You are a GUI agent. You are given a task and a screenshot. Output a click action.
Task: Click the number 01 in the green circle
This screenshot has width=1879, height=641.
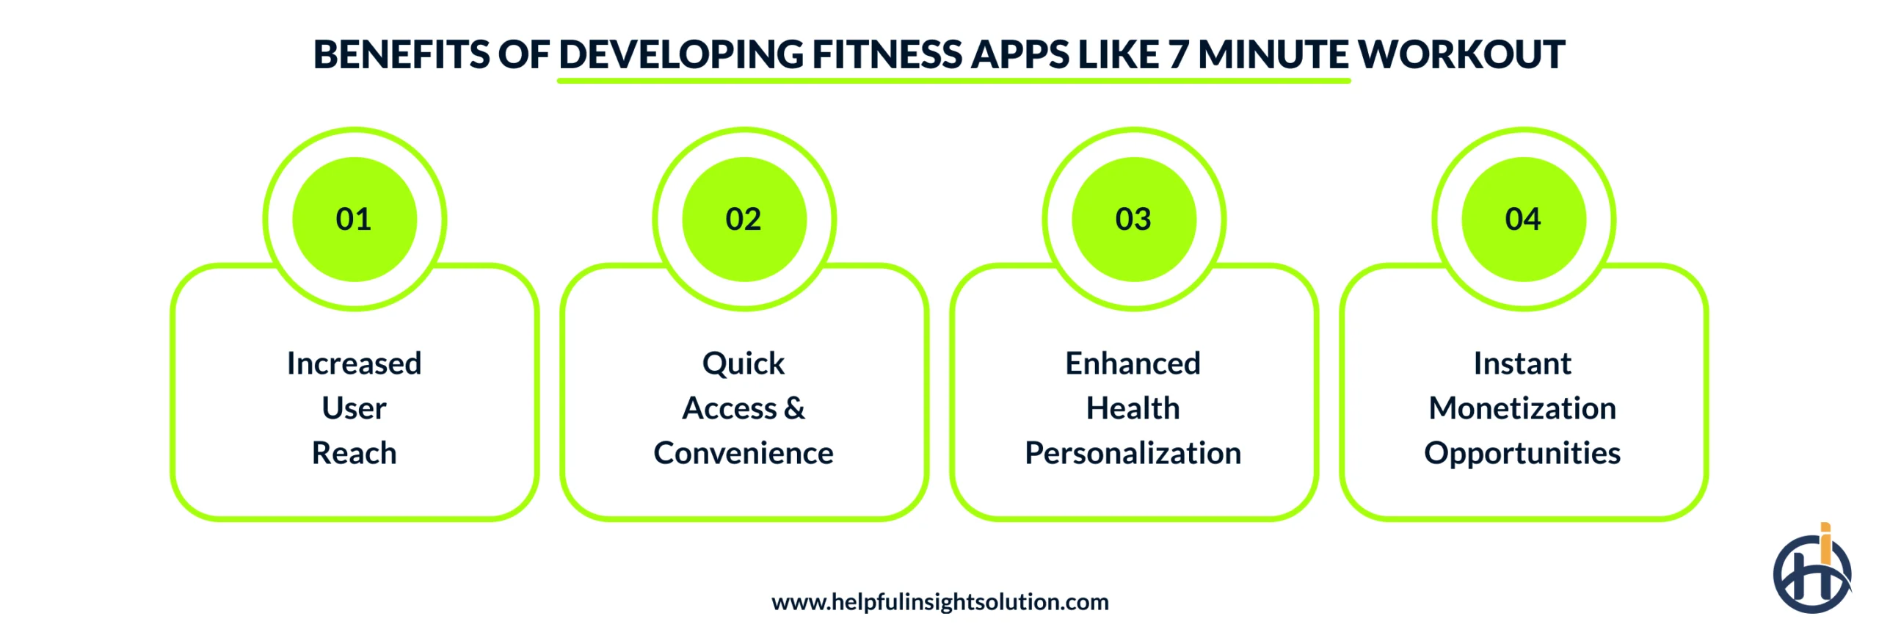[x=354, y=219]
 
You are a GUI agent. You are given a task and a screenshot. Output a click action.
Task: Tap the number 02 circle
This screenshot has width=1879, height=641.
[x=744, y=219]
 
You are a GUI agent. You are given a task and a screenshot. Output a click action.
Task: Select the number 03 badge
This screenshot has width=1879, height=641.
[x=1133, y=219]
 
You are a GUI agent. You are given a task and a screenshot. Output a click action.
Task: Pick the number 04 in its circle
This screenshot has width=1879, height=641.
[x=1523, y=219]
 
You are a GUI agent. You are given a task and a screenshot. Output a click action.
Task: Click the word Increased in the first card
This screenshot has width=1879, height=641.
[x=354, y=363]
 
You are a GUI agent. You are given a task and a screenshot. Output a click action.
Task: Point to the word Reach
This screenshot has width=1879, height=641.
[x=354, y=453]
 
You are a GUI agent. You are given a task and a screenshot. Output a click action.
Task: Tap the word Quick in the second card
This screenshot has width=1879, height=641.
[x=744, y=363]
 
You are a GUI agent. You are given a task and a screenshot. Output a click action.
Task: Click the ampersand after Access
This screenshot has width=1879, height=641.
[x=794, y=408]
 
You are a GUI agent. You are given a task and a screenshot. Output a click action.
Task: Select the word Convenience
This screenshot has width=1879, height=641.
[x=744, y=453]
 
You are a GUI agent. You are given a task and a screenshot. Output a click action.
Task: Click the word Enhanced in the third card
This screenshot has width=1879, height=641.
[x=1133, y=363]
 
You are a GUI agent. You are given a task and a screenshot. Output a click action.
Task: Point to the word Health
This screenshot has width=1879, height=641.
[x=1133, y=408]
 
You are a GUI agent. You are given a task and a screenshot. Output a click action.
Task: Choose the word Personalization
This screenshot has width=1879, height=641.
[x=1133, y=453]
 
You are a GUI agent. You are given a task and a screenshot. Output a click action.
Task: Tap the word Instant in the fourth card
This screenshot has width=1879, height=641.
[x=1522, y=363]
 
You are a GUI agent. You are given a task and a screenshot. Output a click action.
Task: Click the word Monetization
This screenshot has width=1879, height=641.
[x=1522, y=408]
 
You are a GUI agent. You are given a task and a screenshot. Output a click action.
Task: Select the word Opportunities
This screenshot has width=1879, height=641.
[x=1522, y=453]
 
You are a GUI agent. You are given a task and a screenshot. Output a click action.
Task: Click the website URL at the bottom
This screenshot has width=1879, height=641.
[x=939, y=602]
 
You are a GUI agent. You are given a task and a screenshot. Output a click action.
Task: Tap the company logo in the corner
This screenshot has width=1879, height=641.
[x=1811, y=571]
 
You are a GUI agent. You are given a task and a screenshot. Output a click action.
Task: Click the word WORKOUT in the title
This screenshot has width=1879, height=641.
[x=1461, y=54]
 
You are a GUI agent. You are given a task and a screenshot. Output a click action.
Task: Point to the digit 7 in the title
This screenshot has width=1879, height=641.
[x=1179, y=54]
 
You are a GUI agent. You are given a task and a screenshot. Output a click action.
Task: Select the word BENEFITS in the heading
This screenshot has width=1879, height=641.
[x=401, y=54]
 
